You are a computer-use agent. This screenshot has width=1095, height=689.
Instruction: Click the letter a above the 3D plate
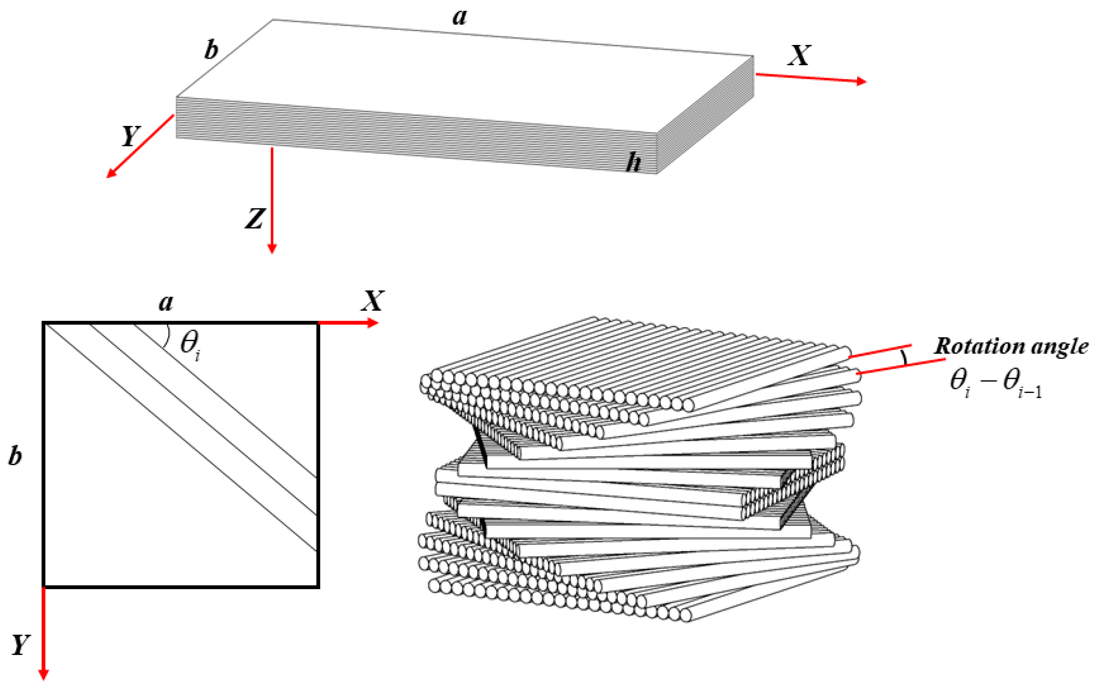point(460,17)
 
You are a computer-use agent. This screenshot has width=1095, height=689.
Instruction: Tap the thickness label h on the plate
point(633,163)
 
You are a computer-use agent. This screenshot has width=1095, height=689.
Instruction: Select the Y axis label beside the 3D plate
point(131,136)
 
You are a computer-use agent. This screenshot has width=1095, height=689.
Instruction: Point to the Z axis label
point(255,219)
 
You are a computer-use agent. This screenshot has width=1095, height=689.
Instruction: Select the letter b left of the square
point(15,456)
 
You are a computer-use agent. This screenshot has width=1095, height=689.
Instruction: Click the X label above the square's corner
point(372,301)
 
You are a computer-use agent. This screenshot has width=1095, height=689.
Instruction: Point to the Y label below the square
point(20,645)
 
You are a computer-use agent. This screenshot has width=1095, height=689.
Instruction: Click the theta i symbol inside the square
point(190,344)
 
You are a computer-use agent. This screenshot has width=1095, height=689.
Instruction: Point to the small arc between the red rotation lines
point(904,357)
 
